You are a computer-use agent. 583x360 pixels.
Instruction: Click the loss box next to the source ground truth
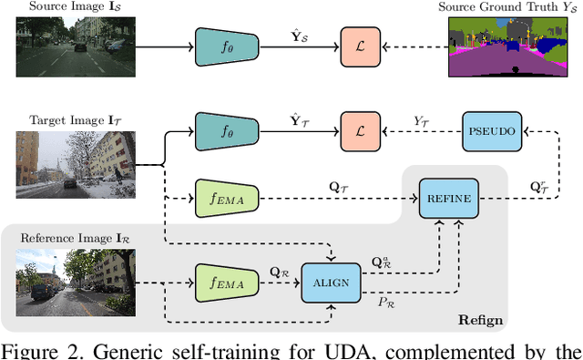click(358, 45)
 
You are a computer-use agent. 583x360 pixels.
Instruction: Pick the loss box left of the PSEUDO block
click(358, 131)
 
